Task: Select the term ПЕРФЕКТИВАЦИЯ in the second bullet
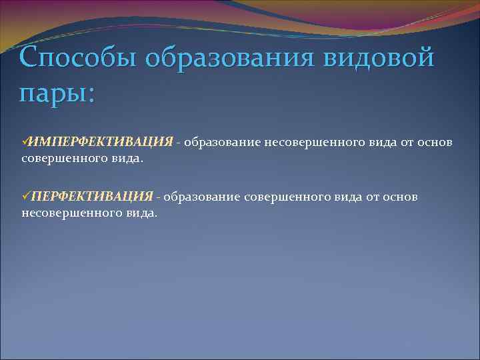coord(92,197)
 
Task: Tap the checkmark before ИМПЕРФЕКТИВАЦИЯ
coord(25,142)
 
